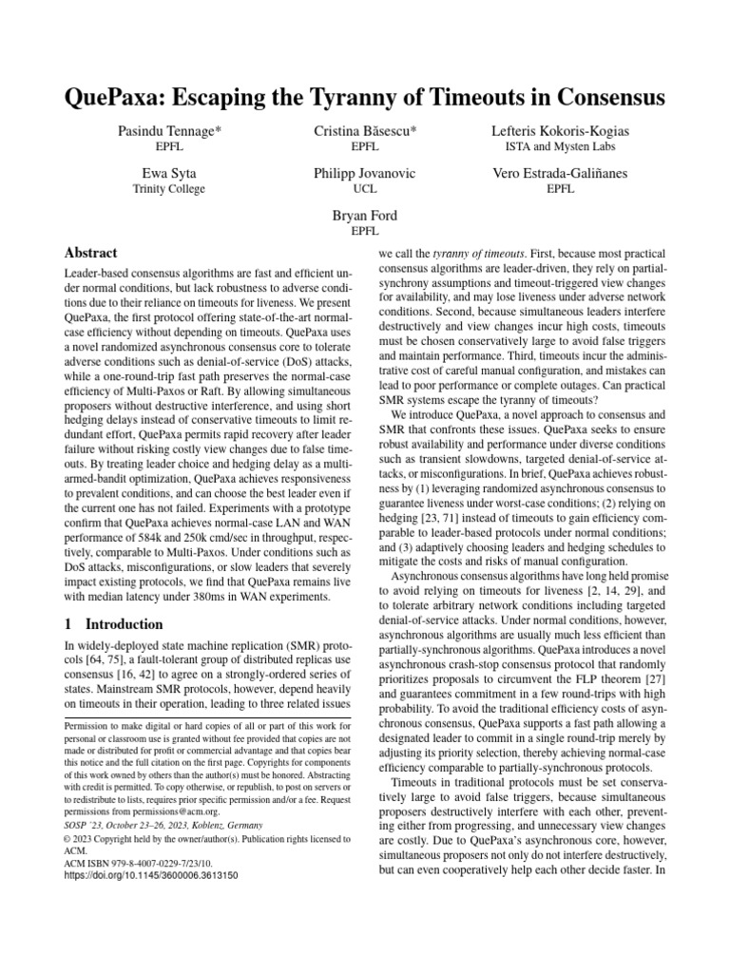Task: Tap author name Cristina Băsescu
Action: point(365,129)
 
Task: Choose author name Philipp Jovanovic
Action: point(365,174)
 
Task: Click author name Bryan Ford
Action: point(365,217)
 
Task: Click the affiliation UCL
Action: point(365,189)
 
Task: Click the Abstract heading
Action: point(90,253)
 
